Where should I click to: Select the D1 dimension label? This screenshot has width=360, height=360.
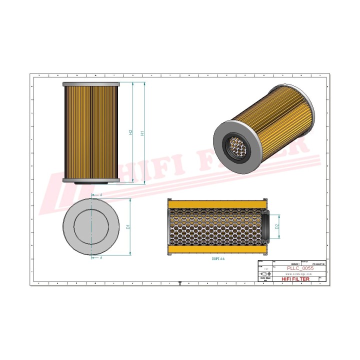click(x=128, y=226)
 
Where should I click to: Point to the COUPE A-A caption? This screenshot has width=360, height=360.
click(x=218, y=260)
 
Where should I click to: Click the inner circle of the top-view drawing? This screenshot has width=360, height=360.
click(x=91, y=226)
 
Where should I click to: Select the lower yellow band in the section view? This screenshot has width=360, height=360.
click(x=217, y=249)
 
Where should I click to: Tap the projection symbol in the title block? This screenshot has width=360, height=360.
click(x=265, y=274)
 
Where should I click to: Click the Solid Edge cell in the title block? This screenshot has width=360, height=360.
click(x=264, y=279)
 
